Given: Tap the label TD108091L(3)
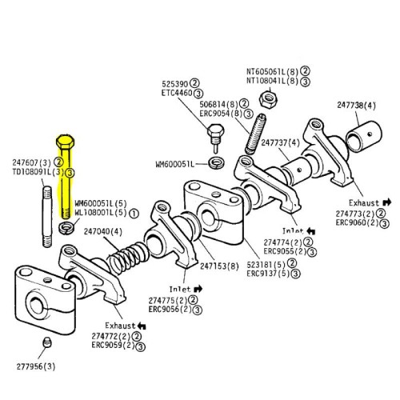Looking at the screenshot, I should [x=27, y=171].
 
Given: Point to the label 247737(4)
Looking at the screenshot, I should [x=280, y=143].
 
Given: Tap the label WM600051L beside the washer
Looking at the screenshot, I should [x=178, y=165].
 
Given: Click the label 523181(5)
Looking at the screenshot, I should [x=266, y=262].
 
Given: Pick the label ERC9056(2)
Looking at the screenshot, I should [x=167, y=308].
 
